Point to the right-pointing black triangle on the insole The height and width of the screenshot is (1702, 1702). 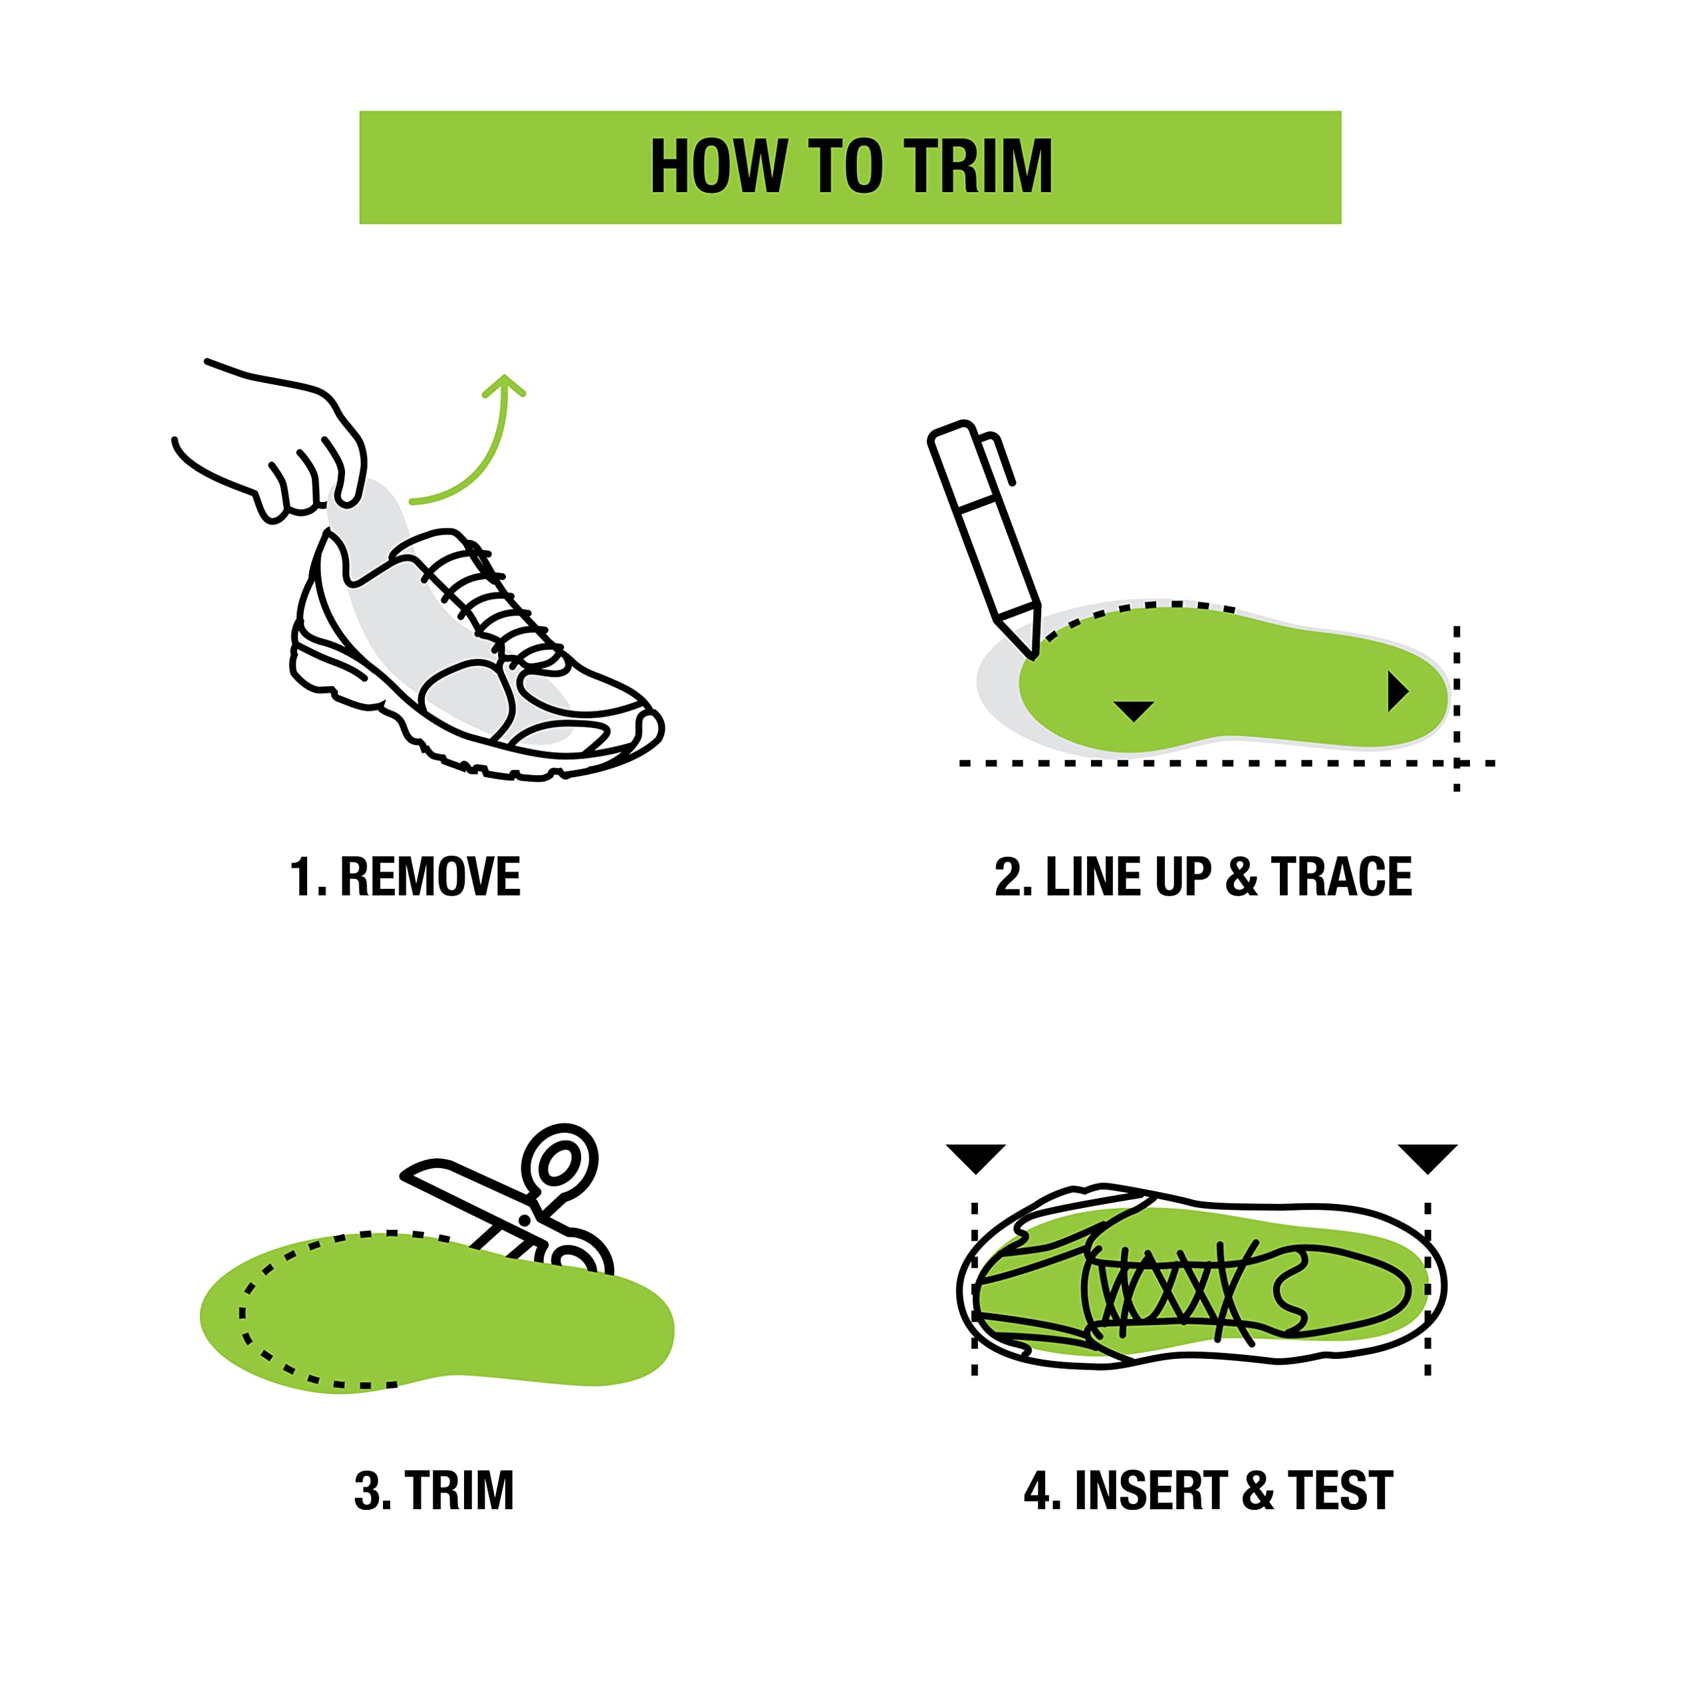(1398, 691)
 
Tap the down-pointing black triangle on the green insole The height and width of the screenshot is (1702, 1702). (1134, 711)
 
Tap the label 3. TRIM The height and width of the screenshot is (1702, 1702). (433, 1491)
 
